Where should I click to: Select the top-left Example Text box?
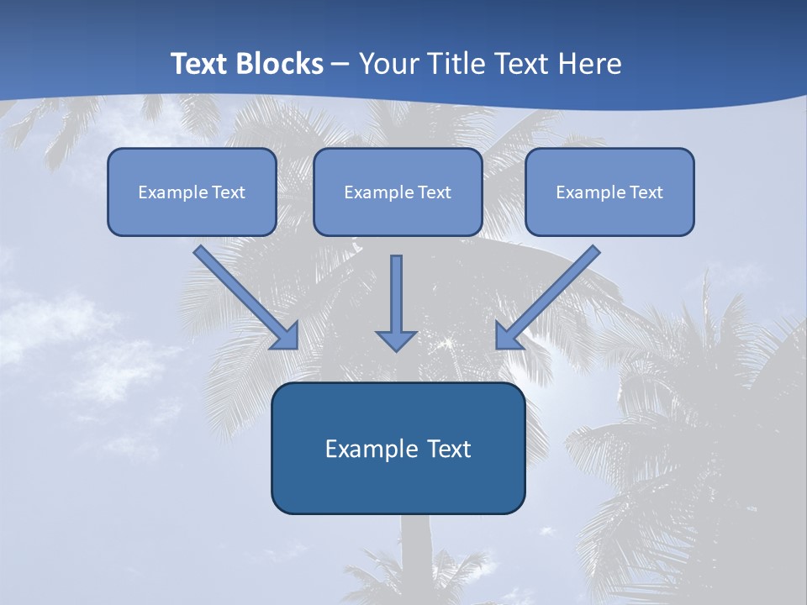192,192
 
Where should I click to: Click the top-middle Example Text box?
398,192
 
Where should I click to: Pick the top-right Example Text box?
609,192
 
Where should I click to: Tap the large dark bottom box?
398,449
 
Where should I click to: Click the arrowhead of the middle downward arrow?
396,339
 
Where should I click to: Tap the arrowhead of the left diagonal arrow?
286,336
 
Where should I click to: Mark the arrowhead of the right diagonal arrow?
508,336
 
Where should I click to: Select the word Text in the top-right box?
646,192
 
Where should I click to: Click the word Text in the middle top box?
435,192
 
